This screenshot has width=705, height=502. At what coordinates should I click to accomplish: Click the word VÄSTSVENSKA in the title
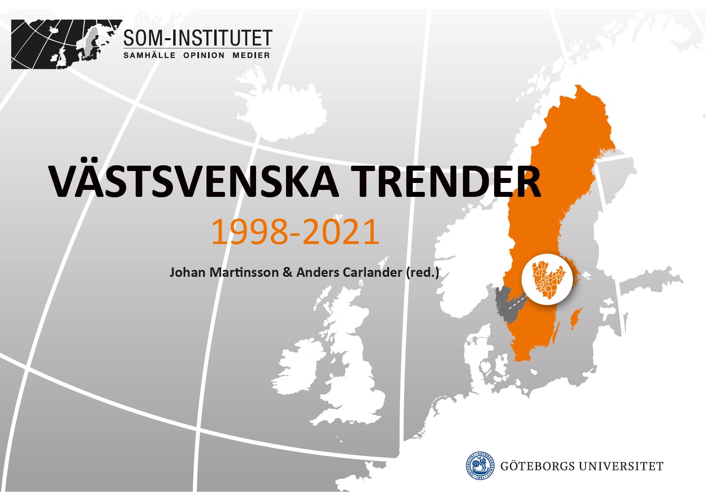click(194, 180)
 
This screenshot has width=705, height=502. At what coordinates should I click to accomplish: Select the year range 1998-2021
click(295, 232)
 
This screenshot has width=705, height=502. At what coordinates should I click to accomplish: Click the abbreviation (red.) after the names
click(422, 273)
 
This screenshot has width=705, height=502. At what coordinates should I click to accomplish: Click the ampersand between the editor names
click(286, 273)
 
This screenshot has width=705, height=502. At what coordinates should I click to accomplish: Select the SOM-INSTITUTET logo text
click(197, 38)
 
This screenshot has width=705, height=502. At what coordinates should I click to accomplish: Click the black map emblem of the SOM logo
click(67, 44)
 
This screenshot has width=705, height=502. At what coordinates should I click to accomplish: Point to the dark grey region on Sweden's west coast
click(506, 304)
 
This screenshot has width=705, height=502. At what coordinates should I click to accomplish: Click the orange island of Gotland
click(576, 318)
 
